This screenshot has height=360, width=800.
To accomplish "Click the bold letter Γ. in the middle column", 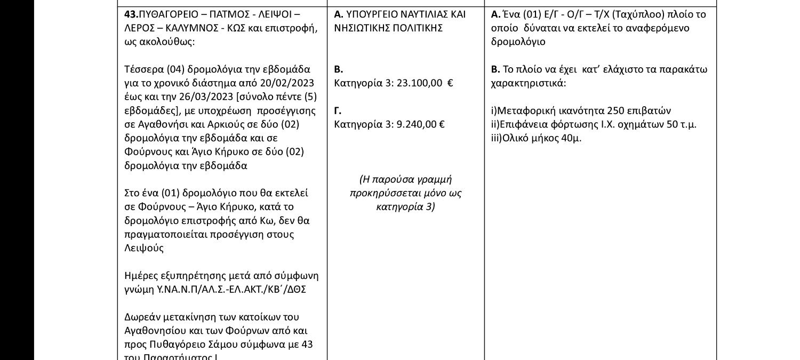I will pyautogui.click(x=338, y=110).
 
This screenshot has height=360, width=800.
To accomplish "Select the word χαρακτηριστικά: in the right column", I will pyautogui.click(x=528, y=83).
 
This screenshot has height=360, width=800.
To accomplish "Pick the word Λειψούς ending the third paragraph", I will pyautogui.click(x=144, y=248).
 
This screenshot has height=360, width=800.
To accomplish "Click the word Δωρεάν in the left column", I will pyautogui.click(x=140, y=317).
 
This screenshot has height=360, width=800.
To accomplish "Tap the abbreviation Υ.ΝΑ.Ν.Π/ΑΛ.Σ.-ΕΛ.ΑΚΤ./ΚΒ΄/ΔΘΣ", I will pyautogui.click(x=231, y=289).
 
